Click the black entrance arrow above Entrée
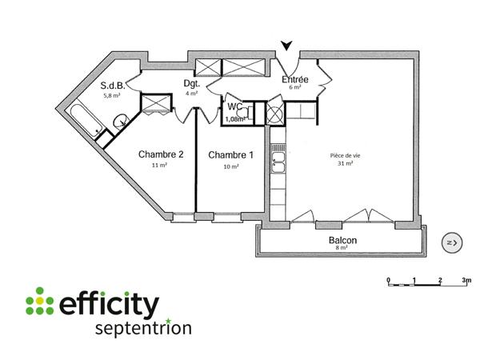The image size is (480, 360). pyautogui.click(x=286, y=47)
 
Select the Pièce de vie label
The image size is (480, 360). pyautogui.click(x=346, y=155)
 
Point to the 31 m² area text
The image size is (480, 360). pyautogui.click(x=346, y=165)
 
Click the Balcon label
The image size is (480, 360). pyautogui.click(x=342, y=240)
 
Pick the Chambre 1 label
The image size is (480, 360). pyautogui.click(x=230, y=155)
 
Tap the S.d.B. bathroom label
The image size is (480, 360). pyautogui.click(x=111, y=86)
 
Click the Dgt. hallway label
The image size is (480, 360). pyautogui.click(x=191, y=83)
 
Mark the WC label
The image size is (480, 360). pyautogui.click(x=235, y=106)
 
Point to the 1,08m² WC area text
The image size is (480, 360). pyautogui.click(x=235, y=119)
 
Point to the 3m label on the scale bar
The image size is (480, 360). pyautogui.click(x=466, y=281)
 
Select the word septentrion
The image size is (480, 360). pyautogui.click(x=142, y=329)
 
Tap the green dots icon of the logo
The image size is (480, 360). pyautogui.click(x=38, y=302)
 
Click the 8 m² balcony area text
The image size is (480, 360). pyautogui.click(x=342, y=248)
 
